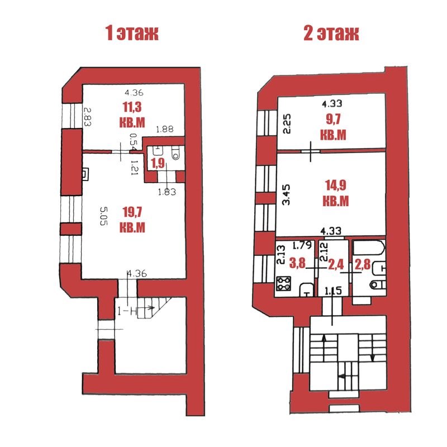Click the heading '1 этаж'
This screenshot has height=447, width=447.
point(132,33)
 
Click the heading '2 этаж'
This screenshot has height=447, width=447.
point(331,33)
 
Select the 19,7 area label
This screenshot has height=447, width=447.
point(132,220)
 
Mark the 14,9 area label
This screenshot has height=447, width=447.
point(336,193)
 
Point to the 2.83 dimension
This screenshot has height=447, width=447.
point(87,118)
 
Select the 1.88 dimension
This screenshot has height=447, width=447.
point(164,130)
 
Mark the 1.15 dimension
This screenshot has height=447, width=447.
point(333,291)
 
